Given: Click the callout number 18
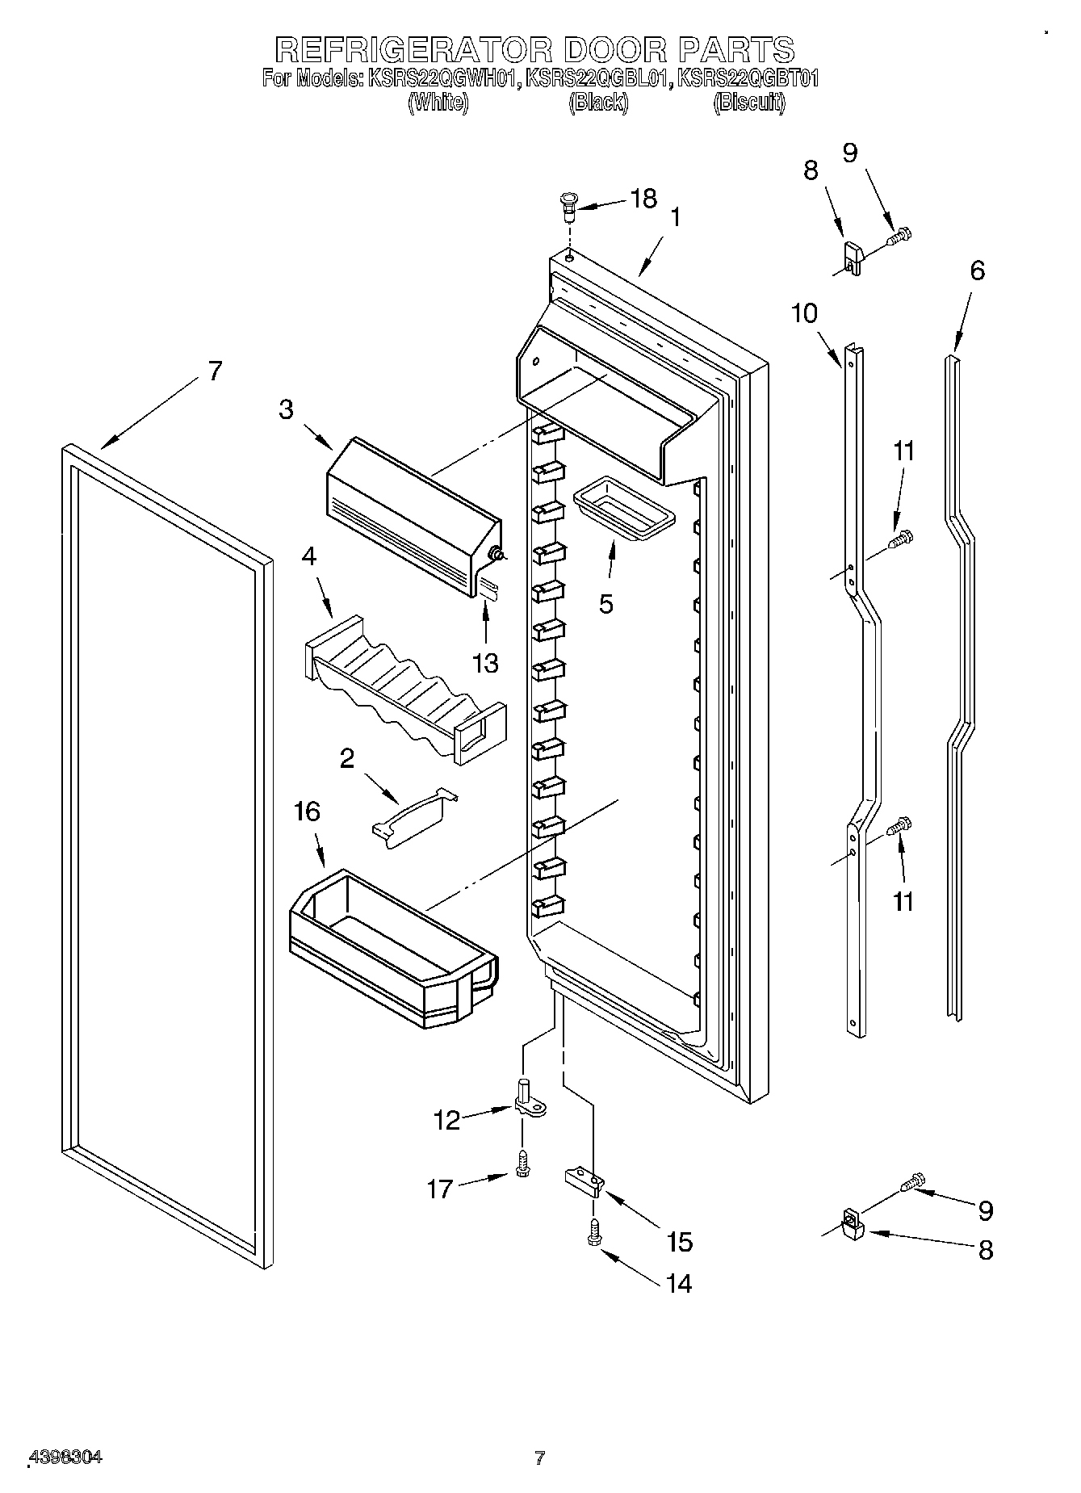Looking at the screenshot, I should pyautogui.click(x=643, y=199).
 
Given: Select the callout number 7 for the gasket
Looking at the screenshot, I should pyautogui.click(x=213, y=371).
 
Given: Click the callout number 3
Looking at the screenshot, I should pyautogui.click(x=287, y=409).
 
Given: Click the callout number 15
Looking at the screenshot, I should pyautogui.click(x=680, y=1241).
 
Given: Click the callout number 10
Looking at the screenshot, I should pyautogui.click(x=804, y=312).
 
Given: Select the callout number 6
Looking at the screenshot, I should pyautogui.click(x=977, y=271).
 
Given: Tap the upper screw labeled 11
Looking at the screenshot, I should pyautogui.click(x=901, y=538).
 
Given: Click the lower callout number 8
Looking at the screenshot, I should pyautogui.click(x=985, y=1251).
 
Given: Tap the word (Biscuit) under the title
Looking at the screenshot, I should pyautogui.click(x=748, y=103).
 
